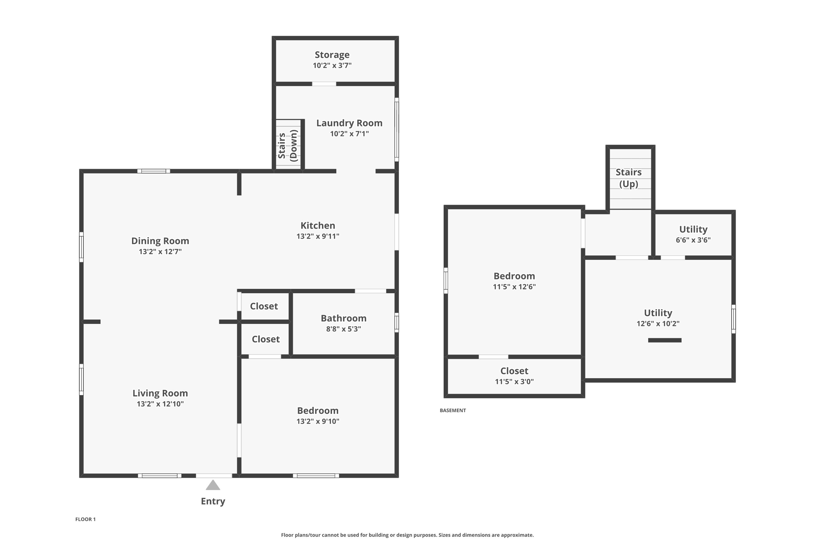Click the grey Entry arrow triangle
213,485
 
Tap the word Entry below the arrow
213,501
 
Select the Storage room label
332,55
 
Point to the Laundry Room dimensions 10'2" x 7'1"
349,134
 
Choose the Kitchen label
318,226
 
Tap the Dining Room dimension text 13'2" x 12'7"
160,251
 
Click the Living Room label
160,393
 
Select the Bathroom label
344,318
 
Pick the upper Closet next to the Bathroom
264,306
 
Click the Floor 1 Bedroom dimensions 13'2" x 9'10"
318,421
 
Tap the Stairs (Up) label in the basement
629,178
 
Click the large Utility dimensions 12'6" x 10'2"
658,324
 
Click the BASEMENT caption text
453,411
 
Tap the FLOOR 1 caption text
86,519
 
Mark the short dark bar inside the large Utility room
665,340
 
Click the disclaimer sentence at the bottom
407,535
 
